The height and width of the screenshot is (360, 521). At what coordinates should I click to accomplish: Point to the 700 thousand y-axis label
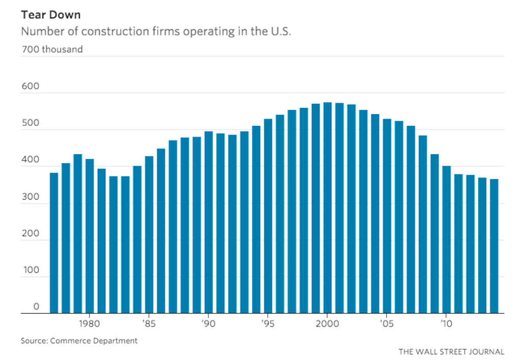(51, 49)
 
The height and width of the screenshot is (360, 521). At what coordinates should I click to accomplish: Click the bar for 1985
(149, 234)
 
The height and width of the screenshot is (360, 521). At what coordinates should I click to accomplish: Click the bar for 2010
(447, 239)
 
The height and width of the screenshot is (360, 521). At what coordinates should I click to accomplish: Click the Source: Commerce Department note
(79, 341)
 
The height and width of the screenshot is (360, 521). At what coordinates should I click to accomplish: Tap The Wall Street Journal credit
(451, 351)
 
